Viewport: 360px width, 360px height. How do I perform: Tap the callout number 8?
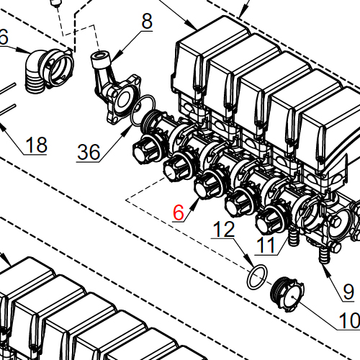[147, 22]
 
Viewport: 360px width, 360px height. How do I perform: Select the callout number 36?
[89, 152]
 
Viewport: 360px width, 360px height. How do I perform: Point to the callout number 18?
[35, 144]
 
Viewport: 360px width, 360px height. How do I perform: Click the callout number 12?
[224, 230]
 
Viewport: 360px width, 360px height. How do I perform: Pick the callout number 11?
[266, 246]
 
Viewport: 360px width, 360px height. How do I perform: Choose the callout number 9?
[348, 291]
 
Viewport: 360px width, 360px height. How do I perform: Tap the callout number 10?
[348, 321]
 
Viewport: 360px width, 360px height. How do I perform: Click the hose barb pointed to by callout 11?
[292, 238]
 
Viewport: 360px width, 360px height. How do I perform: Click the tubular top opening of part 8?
[102, 57]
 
